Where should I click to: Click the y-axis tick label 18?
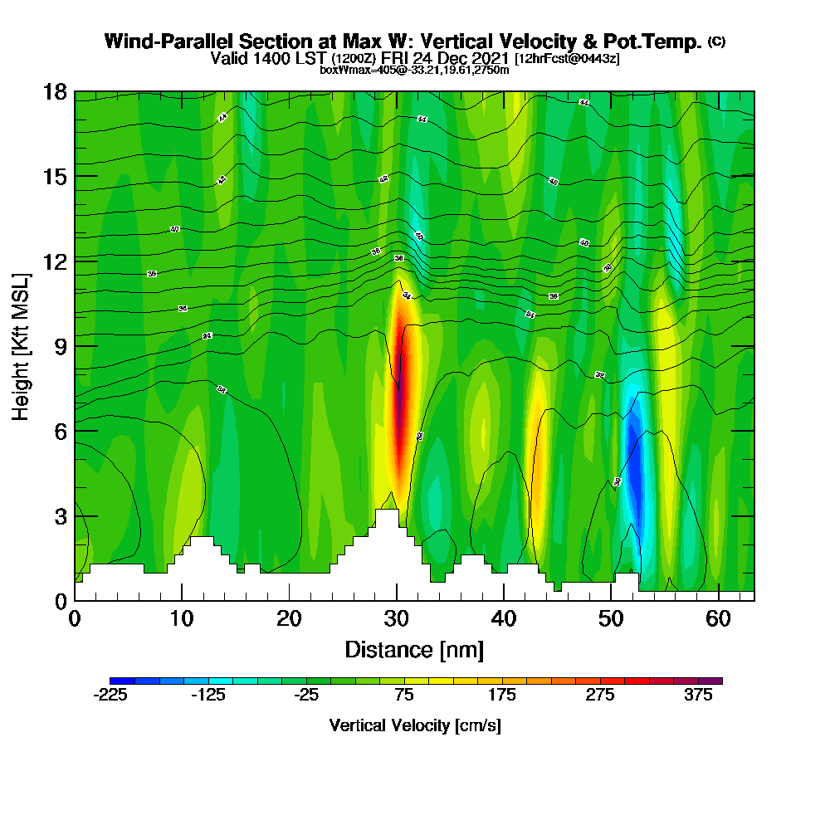[x=55, y=91]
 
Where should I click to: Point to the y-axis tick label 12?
[x=55, y=261]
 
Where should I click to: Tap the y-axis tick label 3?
[x=60, y=515]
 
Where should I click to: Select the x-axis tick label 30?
[x=397, y=619]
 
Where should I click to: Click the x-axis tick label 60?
[x=719, y=619]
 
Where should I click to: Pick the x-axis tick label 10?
[x=182, y=619]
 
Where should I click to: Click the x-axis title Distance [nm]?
[x=414, y=649]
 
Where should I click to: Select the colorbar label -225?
[x=110, y=696]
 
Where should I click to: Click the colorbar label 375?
[x=699, y=696]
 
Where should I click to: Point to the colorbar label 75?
[x=404, y=696]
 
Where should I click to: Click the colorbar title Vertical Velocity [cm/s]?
[x=414, y=725]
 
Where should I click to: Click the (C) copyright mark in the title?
[x=716, y=41]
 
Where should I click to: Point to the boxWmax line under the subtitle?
[x=414, y=70]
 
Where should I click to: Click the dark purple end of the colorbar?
[x=715, y=681]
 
